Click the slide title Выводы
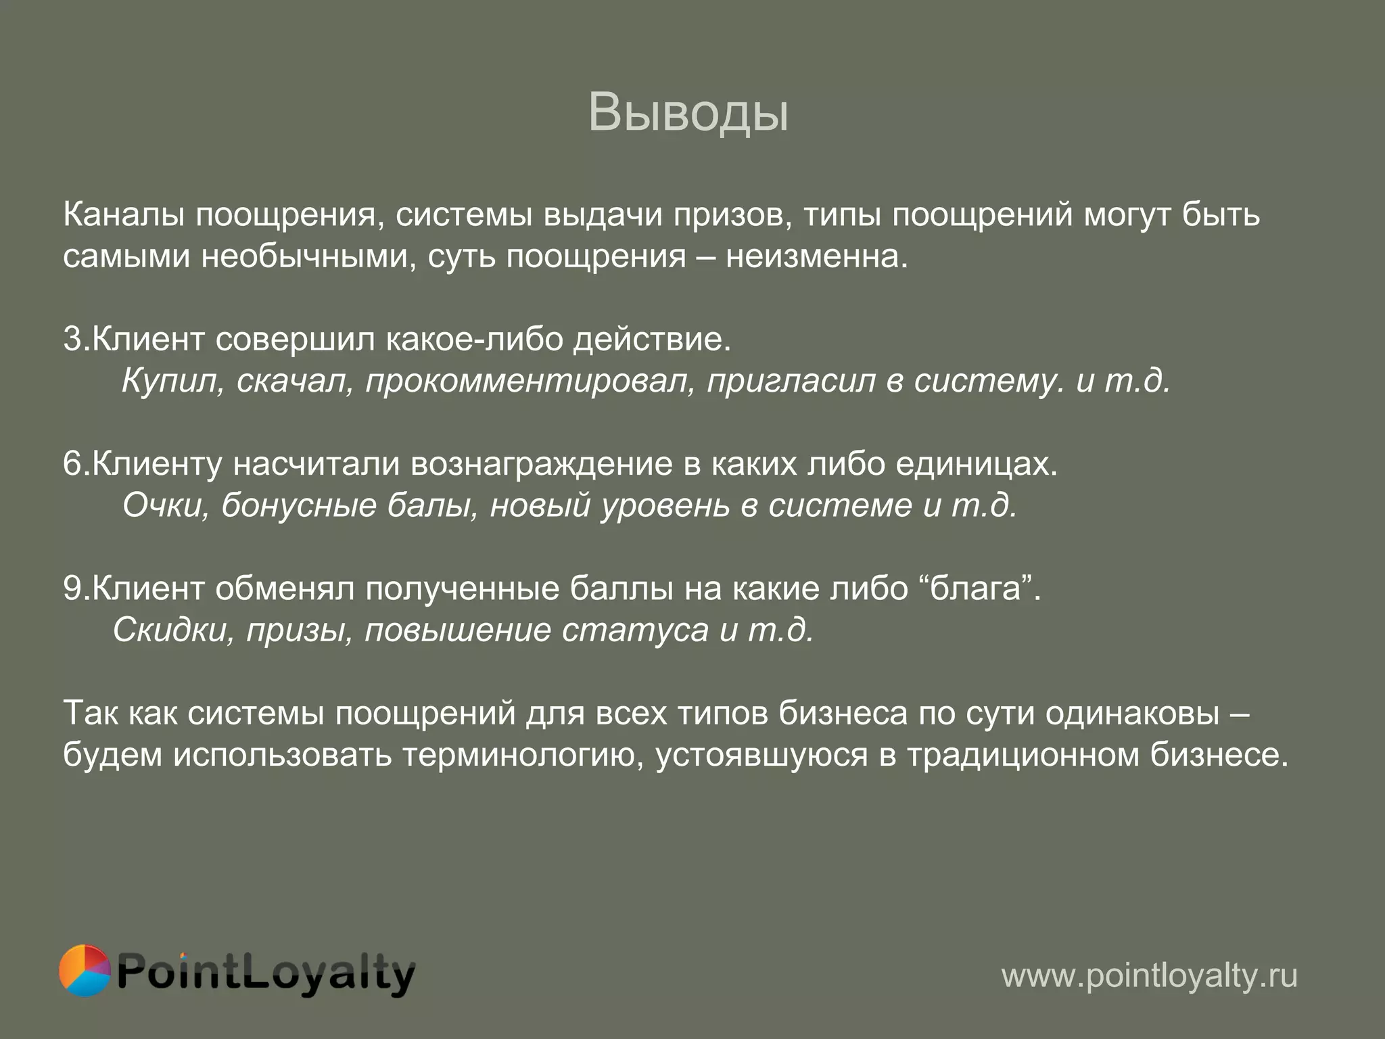click(688, 112)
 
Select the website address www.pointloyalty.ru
click(1149, 975)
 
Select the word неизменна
click(816, 257)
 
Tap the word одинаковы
click(1132, 714)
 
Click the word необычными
click(308, 257)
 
